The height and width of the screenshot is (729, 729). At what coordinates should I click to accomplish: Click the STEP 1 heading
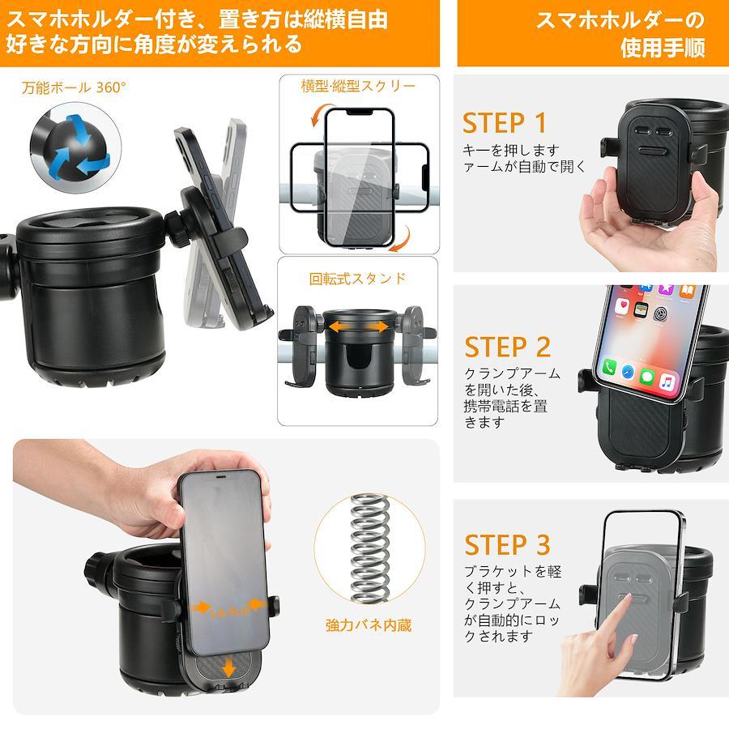[504, 123]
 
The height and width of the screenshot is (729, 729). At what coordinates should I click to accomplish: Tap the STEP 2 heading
[507, 347]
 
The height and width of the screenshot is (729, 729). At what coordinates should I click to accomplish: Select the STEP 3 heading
[507, 545]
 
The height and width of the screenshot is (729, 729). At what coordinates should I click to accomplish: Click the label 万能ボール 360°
[74, 87]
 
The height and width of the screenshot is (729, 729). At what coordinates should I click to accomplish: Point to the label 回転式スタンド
[357, 279]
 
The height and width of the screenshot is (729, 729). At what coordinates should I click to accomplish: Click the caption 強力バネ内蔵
[369, 625]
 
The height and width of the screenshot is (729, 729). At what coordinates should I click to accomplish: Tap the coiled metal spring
[370, 548]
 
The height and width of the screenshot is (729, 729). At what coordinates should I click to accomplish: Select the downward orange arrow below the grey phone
[228, 667]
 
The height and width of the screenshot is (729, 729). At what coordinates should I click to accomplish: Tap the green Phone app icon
[609, 367]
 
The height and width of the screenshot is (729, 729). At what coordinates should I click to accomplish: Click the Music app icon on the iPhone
[667, 382]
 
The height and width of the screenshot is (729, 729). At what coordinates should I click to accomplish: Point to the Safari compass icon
[628, 372]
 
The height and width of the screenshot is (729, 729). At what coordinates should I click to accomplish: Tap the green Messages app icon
[647, 377]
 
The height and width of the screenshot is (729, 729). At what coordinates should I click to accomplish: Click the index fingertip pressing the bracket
[626, 599]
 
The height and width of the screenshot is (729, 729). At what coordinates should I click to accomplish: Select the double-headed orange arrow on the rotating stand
[358, 327]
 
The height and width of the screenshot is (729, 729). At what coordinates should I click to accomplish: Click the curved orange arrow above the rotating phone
[318, 115]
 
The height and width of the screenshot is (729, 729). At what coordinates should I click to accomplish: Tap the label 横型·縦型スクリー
[358, 87]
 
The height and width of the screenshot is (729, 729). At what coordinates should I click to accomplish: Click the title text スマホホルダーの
[620, 20]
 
